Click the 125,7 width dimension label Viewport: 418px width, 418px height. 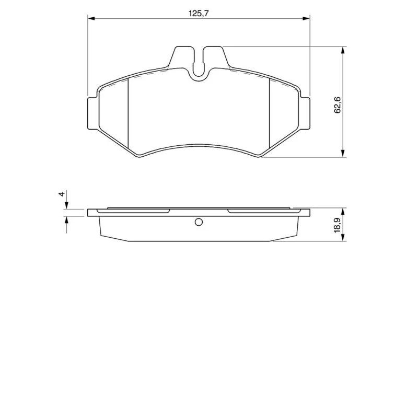click(199, 14)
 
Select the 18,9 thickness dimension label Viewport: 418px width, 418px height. click(338, 225)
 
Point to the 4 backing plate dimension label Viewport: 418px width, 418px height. click(62, 194)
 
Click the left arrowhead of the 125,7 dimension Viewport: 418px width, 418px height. click(91, 18)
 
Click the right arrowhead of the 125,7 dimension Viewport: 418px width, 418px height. click(306, 18)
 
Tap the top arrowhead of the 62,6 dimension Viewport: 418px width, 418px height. click(343, 50)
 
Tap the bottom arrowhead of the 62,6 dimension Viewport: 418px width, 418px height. click(343, 153)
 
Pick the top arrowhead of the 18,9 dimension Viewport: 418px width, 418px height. click(343, 212)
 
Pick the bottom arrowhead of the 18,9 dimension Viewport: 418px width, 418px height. click(343, 238)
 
